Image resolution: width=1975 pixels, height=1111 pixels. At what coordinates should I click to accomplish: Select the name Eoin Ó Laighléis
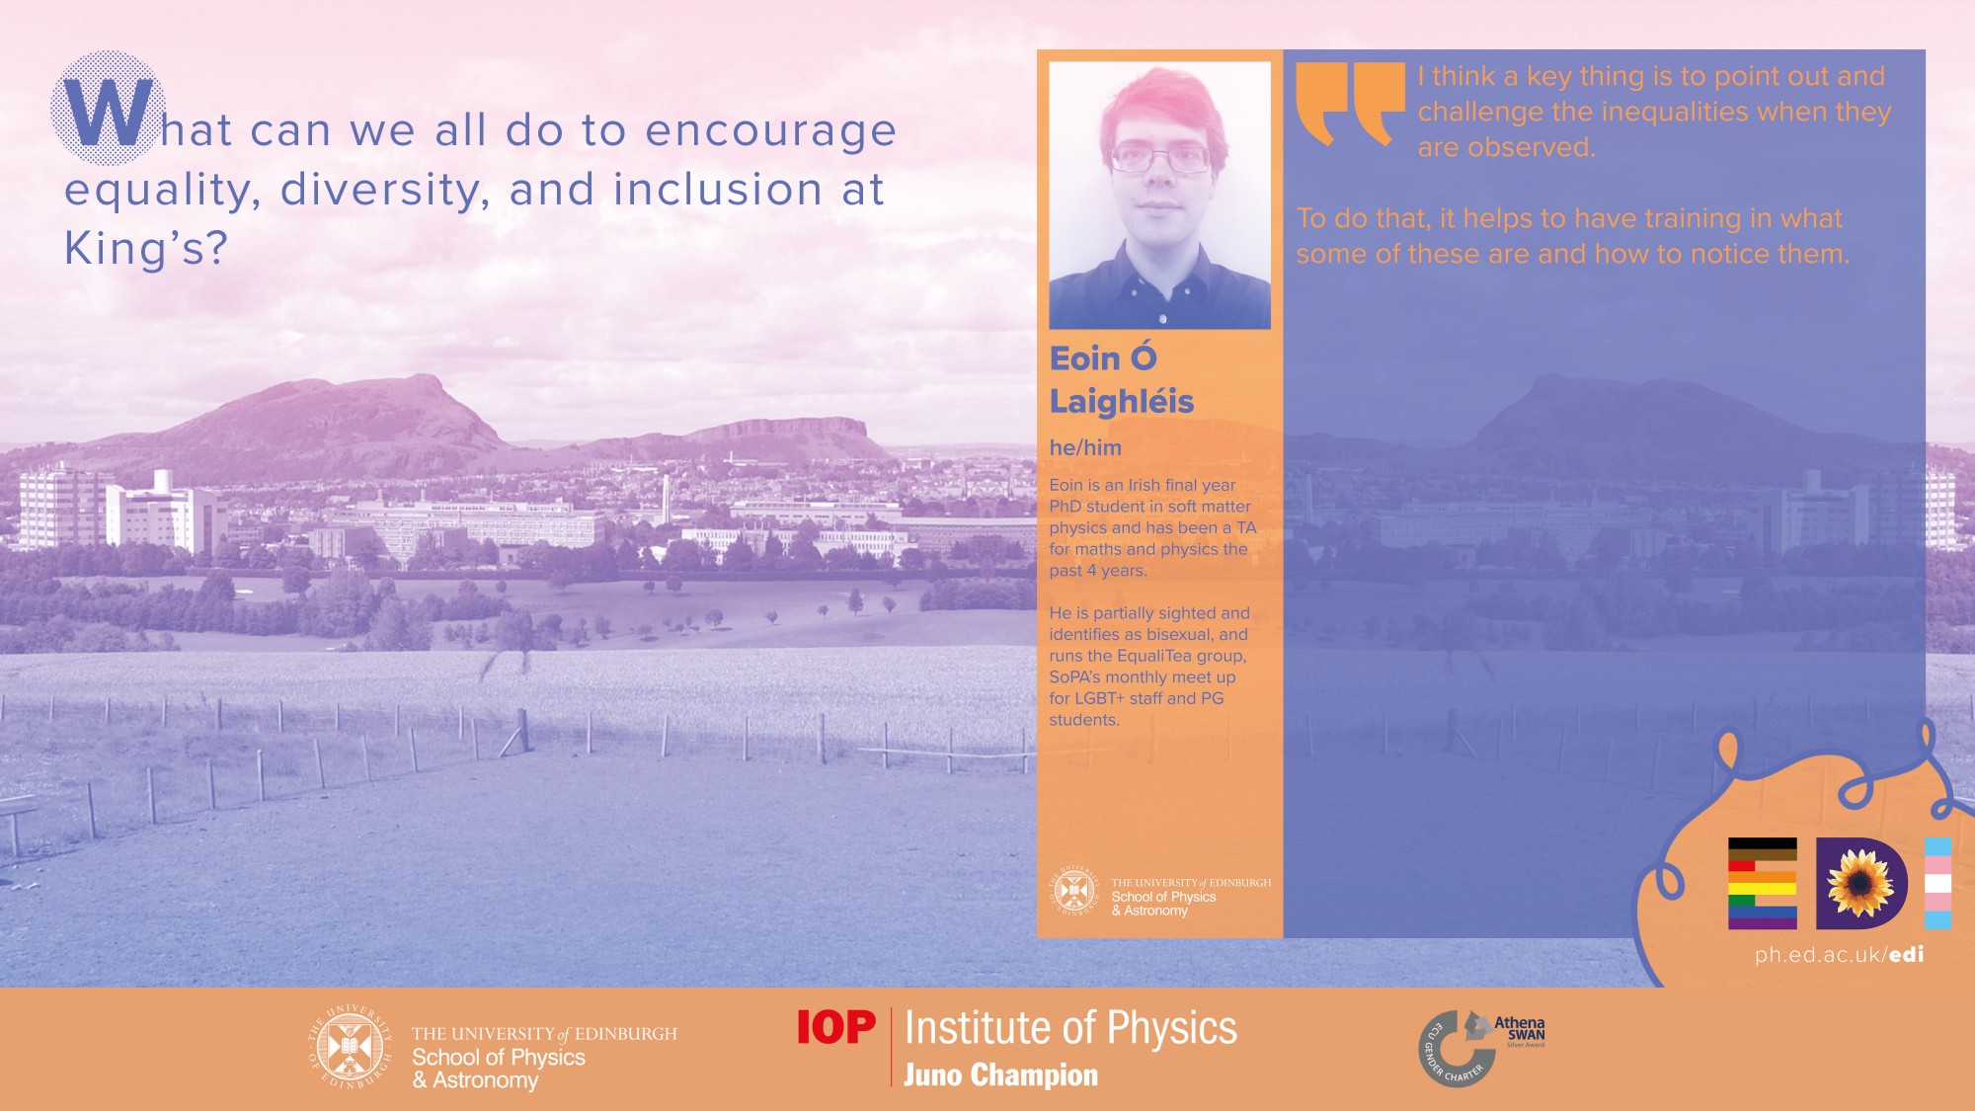click(1122, 379)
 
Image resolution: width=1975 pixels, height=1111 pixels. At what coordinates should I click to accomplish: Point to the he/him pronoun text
click(1085, 447)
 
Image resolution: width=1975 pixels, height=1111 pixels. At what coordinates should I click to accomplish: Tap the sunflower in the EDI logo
click(1859, 883)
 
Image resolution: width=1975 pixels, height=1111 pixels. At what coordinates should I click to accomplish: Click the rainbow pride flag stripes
click(1762, 883)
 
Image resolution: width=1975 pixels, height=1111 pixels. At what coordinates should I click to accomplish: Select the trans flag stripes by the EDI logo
click(1937, 883)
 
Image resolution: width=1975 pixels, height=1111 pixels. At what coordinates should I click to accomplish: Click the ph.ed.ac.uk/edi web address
click(1839, 955)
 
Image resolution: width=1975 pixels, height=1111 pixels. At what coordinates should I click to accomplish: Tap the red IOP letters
click(835, 1027)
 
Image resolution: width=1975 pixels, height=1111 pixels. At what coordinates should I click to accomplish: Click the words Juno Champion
click(1000, 1074)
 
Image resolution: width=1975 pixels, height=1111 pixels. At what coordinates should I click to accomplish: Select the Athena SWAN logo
click(1481, 1048)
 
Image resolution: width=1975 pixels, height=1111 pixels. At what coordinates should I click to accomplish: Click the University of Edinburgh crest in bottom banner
click(350, 1048)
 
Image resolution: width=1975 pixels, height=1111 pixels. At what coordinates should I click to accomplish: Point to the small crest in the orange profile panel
click(1074, 891)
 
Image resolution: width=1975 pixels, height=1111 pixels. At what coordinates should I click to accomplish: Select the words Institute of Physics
click(1070, 1028)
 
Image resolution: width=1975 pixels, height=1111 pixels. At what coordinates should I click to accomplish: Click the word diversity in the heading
click(385, 191)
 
